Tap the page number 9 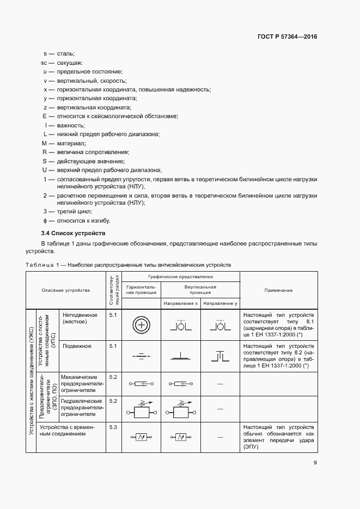coord(315,463)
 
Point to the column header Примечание coord(278,290)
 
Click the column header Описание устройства coord(65,290)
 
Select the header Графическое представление coord(180,277)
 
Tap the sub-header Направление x coord(181,303)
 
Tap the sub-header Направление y coord(220,303)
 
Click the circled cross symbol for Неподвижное coord(141,326)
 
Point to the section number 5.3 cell coord(113,427)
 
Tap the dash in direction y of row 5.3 coord(220,437)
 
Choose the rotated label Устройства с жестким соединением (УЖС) coord(31,381)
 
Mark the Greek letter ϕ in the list coord(45,220)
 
